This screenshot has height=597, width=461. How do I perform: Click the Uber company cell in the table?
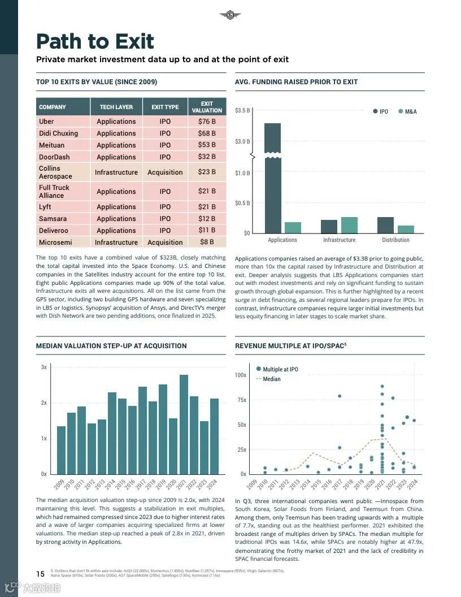click(x=47, y=122)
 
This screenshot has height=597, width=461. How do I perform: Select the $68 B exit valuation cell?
click(x=207, y=133)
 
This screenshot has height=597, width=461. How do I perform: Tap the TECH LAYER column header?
click(x=116, y=107)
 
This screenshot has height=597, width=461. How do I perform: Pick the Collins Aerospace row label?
click(x=55, y=172)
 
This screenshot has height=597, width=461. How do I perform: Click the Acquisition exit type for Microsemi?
click(x=165, y=243)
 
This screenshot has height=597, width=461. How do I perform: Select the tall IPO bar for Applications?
click(x=272, y=181)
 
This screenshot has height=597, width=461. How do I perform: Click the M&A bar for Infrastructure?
click(x=349, y=225)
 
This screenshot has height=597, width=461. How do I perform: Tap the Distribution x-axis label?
click(x=395, y=240)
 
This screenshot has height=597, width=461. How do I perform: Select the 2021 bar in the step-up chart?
click(x=184, y=424)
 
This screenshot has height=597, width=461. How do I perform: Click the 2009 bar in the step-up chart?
click(x=61, y=450)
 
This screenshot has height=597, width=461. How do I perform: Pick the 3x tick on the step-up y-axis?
click(x=44, y=367)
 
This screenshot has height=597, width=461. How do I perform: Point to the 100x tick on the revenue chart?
click(x=241, y=375)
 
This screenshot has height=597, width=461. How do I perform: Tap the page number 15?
click(x=41, y=574)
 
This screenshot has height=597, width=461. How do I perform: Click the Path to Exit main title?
click(x=95, y=41)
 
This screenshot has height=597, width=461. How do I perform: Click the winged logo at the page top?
click(x=230, y=15)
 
